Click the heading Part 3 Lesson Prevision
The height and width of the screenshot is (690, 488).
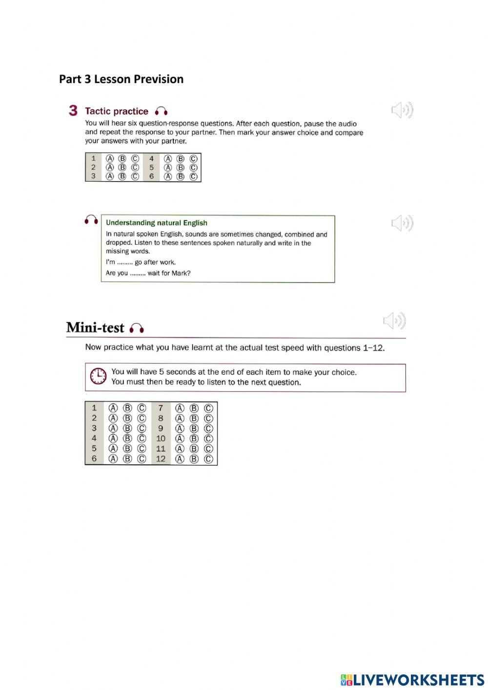(121, 79)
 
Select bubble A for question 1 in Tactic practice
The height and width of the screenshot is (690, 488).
(110, 159)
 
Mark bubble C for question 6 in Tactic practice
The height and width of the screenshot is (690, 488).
(193, 177)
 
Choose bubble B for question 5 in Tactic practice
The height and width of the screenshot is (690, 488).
(181, 167)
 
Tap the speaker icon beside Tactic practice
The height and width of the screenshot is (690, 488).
(402, 110)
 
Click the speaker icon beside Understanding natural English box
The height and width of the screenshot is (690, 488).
(402, 223)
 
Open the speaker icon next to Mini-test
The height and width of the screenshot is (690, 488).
(394, 321)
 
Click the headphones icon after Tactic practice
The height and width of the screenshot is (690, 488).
(161, 111)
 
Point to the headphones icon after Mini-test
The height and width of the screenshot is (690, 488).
(137, 328)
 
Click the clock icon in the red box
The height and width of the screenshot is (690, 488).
(98, 376)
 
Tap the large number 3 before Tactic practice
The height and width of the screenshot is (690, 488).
(73, 110)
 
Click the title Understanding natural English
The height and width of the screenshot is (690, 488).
(157, 223)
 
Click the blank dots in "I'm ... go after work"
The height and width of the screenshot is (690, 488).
(125, 263)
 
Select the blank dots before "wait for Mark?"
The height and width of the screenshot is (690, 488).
(138, 273)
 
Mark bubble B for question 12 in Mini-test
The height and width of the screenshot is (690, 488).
(194, 459)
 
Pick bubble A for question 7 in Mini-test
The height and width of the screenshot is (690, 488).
(180, 408)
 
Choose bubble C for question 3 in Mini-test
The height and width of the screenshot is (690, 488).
(142, 428)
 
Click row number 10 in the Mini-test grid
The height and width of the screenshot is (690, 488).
(161, 439)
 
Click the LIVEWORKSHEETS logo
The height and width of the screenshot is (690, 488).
(412, 680)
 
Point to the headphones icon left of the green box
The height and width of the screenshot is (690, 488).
(91, 220)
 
